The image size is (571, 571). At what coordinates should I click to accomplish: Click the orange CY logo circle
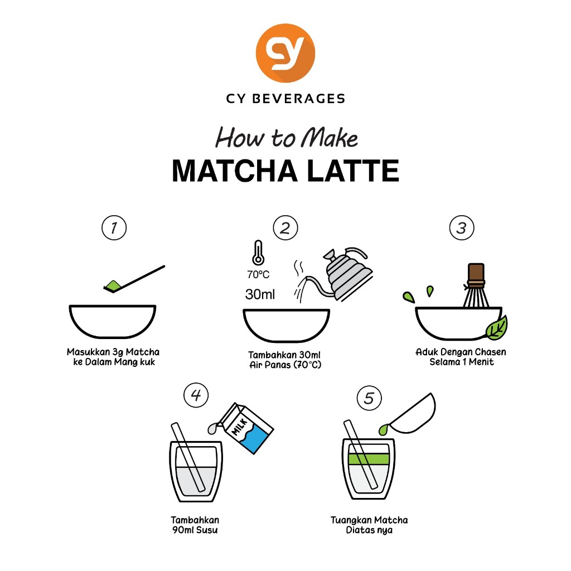click(x=285, y=53)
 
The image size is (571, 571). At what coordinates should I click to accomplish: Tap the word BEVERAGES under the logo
click(x=299, y=99)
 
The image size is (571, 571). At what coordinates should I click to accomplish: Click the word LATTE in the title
click(x=353, y=171)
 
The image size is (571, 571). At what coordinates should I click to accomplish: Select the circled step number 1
click(x=114, y=228)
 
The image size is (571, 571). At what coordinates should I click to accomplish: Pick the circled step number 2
click(x=285, y=228)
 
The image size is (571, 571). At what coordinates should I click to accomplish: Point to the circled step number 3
click(x=462, y=228)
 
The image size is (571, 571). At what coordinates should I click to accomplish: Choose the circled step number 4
click(x=196, y=395)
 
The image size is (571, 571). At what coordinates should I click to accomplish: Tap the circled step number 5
click(x=369, y=398)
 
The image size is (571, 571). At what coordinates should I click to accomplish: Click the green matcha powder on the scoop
click(x=113, y=285)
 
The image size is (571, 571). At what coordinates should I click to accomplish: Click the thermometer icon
click(x=258, y=253)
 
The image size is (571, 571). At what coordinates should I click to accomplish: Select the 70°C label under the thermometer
click(x=258, y=274)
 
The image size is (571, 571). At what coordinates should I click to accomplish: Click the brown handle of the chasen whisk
click(x=476, y=275)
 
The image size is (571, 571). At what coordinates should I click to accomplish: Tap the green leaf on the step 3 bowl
click(x=497, y=328)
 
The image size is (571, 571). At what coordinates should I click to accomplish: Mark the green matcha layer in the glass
click(x=369, y=459)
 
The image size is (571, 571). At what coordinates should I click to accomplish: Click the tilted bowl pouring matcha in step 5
click(x=412, y=414)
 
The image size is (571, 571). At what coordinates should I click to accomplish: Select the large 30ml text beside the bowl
click(x=260, y=294)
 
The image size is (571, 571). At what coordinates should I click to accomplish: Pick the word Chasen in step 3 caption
click(x=490, y=352)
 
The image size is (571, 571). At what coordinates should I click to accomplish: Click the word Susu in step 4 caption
click(x=207, y=530)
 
